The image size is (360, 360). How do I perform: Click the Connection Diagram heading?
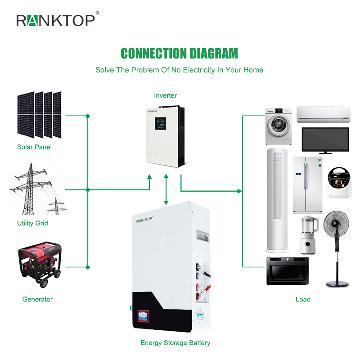[179, 54]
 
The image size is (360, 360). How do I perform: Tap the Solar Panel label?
[35, 147]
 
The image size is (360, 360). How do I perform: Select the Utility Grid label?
[32, 223]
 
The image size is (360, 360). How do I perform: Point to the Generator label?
[37, 299]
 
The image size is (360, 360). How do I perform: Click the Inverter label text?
[165, 95]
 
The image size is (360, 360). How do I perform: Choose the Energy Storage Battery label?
[175, 343]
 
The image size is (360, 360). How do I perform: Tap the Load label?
[303, 299]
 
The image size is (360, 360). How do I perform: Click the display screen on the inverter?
[161, 123]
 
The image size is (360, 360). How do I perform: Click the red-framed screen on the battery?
[143, 316]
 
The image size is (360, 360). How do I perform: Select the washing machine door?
[279, 125]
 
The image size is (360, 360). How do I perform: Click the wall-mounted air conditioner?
[324, 114]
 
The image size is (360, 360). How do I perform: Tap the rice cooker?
[339, 182]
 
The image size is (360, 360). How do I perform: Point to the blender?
[309, 235]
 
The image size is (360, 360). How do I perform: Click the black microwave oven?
[288, 271]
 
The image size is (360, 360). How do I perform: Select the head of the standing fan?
[336, 224]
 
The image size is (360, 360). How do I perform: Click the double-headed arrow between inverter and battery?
[166, 189]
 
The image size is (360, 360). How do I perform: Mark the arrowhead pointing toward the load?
[239, 191]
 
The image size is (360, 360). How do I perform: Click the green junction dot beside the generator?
[88, 267]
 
